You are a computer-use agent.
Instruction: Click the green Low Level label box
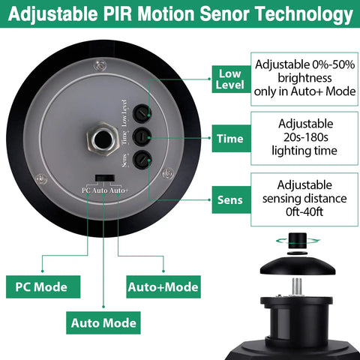(x=231, y=79)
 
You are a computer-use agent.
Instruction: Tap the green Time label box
(x=231, y=139)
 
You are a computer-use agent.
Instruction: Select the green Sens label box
(x=231, y=199)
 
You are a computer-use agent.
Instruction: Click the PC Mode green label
(x=43, y=286)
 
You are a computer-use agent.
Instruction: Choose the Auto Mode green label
(x=103, y=322)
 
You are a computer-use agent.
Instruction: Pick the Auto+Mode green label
(x=163, y=286)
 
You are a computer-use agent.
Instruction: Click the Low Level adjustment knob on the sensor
(x=142, y=113)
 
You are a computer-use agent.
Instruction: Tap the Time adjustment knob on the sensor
(x=142, y=136)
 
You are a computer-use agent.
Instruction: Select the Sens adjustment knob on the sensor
(x=142, y=160)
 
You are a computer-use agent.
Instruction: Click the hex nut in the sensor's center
(x=103, y=139)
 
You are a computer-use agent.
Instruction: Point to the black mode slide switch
(x=105, y=178)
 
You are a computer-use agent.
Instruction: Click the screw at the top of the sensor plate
(x=100, y=66)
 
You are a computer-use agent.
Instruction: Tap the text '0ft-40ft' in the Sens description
(x=304, y=212)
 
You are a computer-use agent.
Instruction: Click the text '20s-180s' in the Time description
(x=305, y=137)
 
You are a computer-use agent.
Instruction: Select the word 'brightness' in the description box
(x=304, y=78)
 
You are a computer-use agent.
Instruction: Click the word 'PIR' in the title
(x=118, y=13)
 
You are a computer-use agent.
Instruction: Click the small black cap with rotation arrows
(x=298, y=241)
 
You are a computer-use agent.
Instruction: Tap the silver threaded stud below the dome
(x=297, y=287)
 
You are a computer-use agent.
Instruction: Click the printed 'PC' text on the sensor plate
(x=85, y=190)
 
